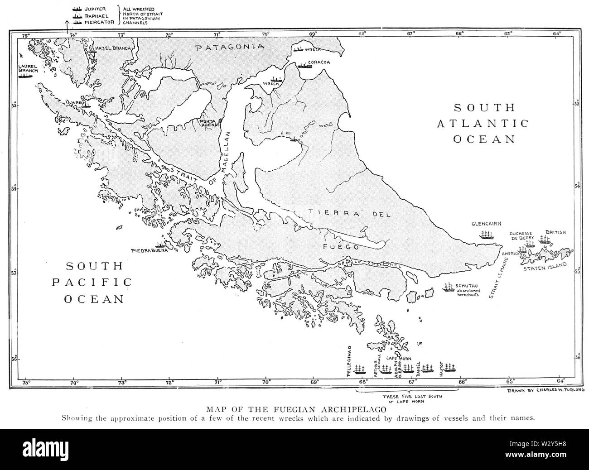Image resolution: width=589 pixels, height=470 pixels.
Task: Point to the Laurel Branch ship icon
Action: (x=26, y=76)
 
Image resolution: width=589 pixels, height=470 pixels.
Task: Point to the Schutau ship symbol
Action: (x=449, y=287)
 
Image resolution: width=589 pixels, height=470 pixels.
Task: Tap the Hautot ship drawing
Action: (x=449, y=368)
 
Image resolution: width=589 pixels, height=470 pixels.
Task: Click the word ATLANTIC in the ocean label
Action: (x=483, y=123)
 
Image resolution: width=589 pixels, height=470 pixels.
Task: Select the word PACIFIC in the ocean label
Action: (x=92, y=283)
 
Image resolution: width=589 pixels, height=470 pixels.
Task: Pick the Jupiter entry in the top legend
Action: (x=93, y=9)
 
